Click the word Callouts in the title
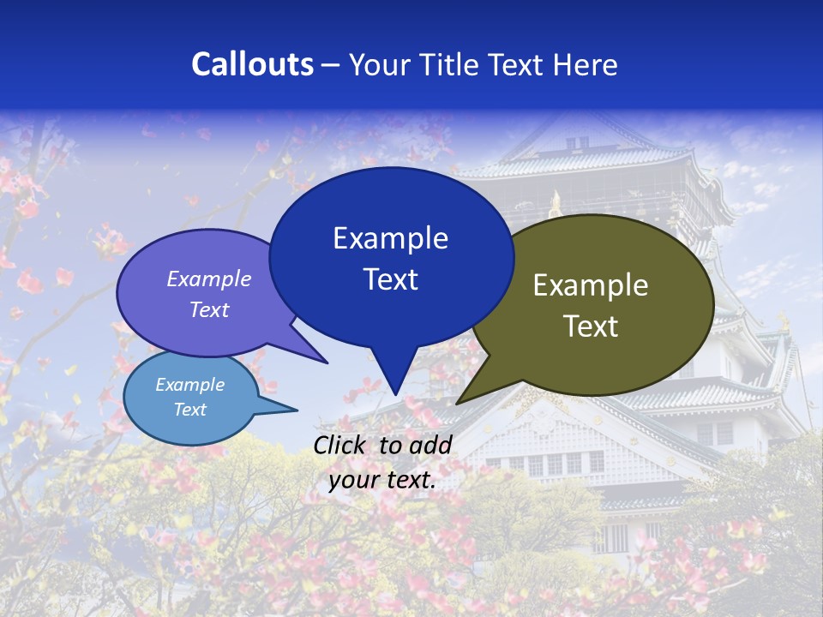[x=252, y=64]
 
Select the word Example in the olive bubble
[x=591, y=285]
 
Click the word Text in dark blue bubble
[x=390, y=279]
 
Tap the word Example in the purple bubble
[x=209, y=279]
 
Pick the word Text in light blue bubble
[x=189, y=410]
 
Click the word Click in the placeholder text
[x=343, y=445]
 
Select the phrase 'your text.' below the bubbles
[x=382, y=480]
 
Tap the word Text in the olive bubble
[x=591, y=326]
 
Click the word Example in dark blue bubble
[x=390, y=238]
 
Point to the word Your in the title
[x=380, y=64]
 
